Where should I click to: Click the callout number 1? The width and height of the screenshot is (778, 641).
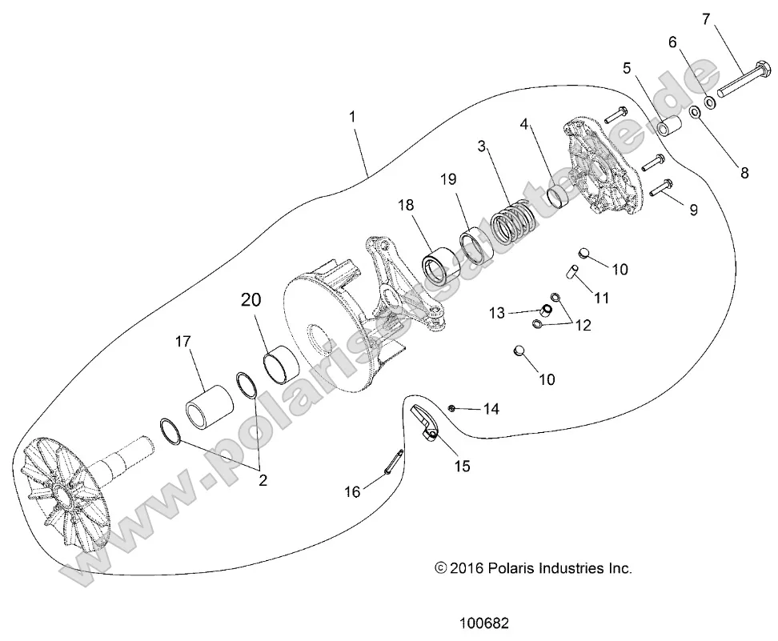[352, 117]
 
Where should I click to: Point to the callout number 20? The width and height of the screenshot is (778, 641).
[251, 300]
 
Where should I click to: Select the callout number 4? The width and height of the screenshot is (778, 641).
[524, 124]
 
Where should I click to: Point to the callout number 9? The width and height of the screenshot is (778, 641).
[693, 210]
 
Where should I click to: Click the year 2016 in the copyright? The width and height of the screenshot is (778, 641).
[467, 569]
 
